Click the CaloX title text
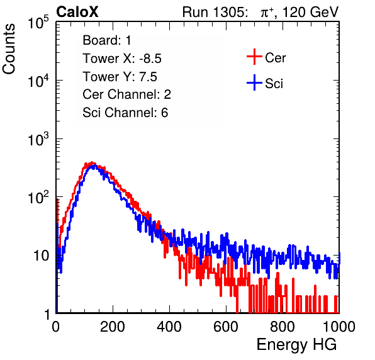pos(77,12)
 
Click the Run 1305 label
pos(215,12)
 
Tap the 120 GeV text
pos(311,12)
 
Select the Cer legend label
pos(275,58)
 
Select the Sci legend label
pos(274,84)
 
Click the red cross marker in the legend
pos(254,57)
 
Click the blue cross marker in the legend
pos(254,82)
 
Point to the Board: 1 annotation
pos(107,40)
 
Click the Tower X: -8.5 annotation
pos(122,59)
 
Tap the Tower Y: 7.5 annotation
pos(120,77)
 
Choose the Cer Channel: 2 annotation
pos(126,94)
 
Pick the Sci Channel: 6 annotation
pos(125,113)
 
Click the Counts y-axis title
pos(9,49)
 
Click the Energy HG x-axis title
pos(296,345)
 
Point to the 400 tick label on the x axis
pos(169,327)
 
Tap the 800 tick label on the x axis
pos(283,327)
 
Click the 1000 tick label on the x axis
pos(339,327)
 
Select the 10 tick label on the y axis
pos(42,256)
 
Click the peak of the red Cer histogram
pos(92,162)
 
